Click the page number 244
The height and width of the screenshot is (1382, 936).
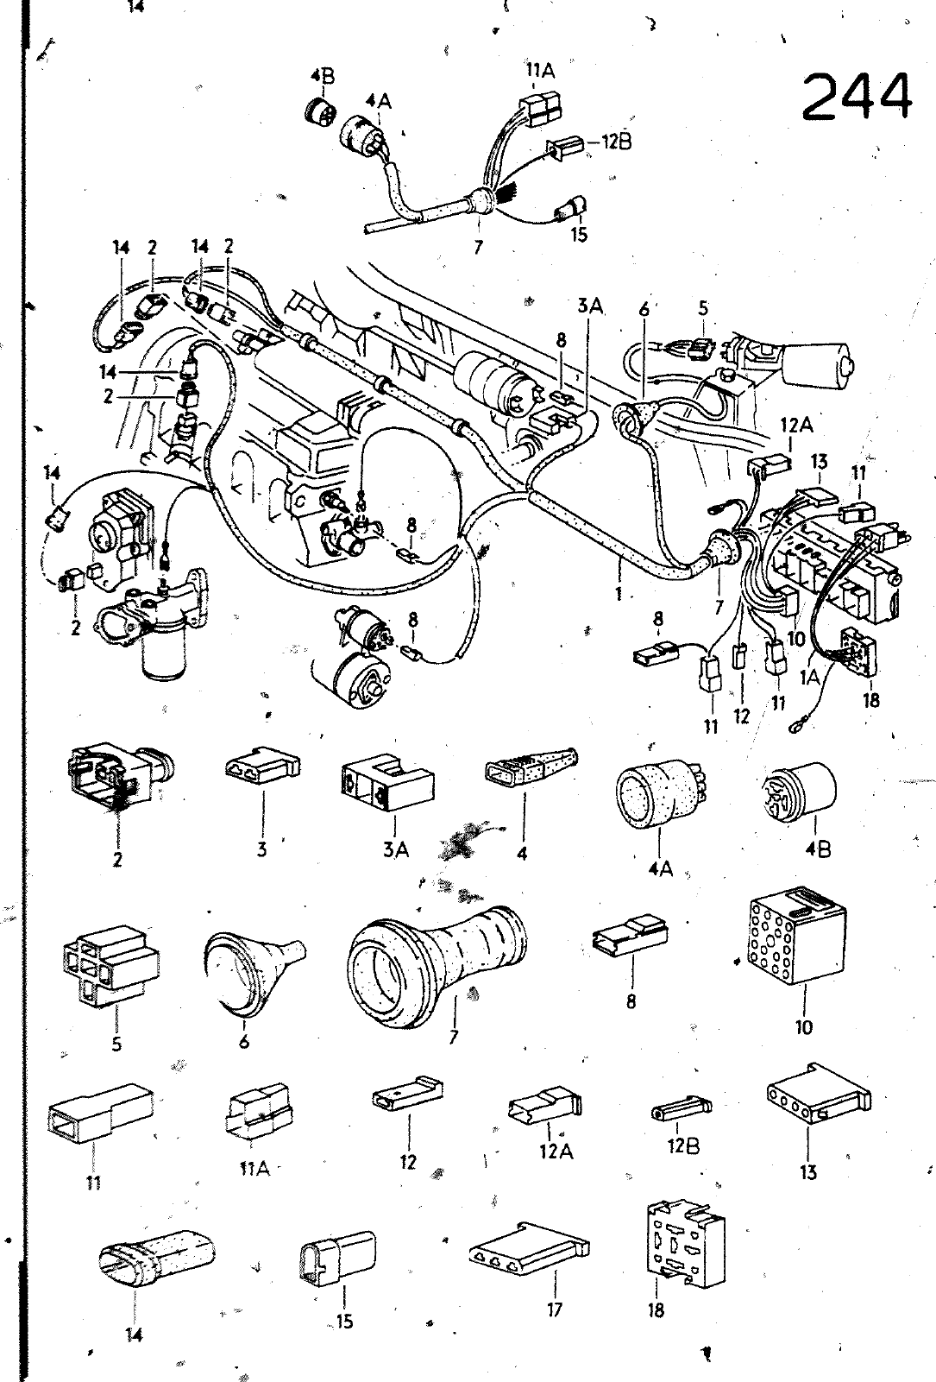pos(857,97)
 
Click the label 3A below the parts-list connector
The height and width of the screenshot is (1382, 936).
pos(395,851)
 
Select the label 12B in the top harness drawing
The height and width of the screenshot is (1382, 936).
pos(617,142)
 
